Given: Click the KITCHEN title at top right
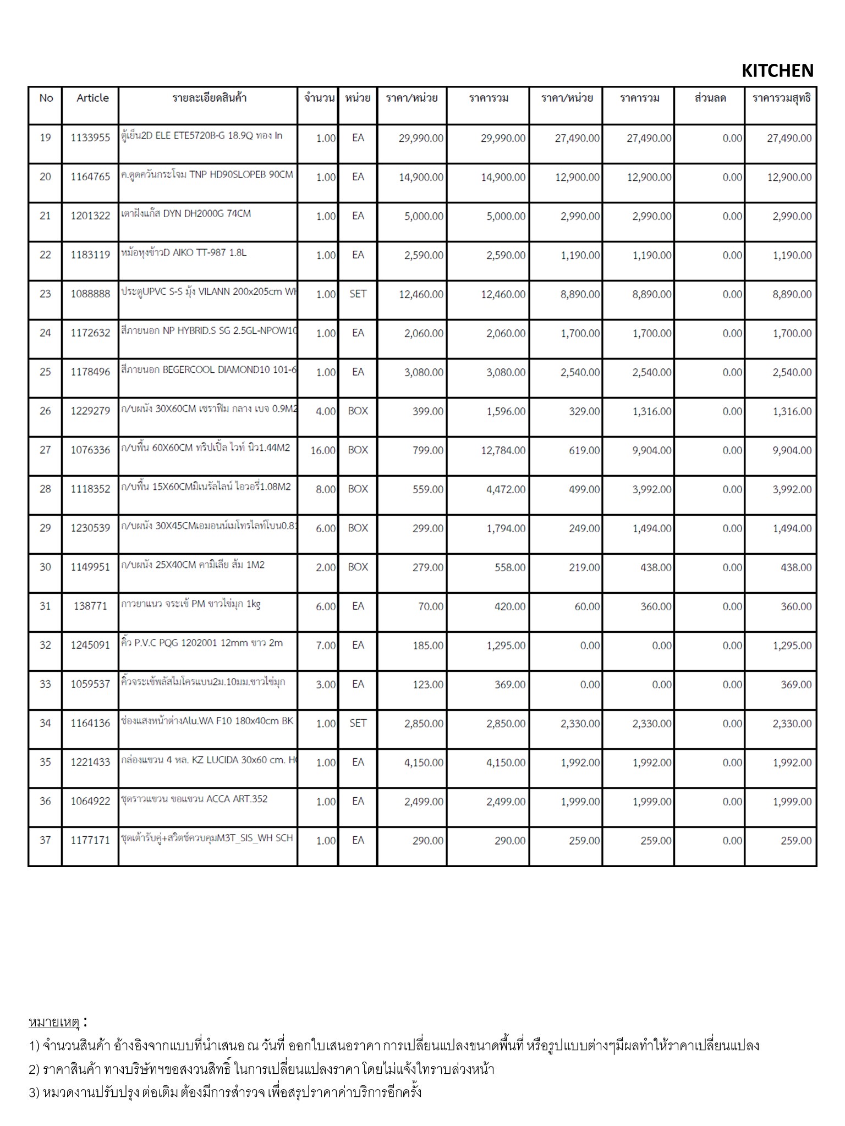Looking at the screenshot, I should click(777, 71).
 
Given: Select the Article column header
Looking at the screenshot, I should click(92, 98).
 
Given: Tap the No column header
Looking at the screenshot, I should click(46, 98).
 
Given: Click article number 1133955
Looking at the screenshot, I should click(90, 138).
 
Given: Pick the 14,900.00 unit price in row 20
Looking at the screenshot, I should click(421, 178).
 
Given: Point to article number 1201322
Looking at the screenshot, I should click(90, 216).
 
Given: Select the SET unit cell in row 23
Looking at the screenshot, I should click(358, 294).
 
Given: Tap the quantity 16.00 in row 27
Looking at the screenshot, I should click(323, 451).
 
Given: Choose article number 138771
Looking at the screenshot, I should click(90, 606).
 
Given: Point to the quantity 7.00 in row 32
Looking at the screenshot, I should click(326, 645).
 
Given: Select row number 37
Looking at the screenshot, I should click(45, 840).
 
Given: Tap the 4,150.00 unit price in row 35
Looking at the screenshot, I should click(424, 763).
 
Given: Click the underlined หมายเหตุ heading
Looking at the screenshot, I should click(54, 1023).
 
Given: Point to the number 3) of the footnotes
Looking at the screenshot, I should click(34, 1092).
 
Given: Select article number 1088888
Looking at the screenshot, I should click(90, 294).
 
